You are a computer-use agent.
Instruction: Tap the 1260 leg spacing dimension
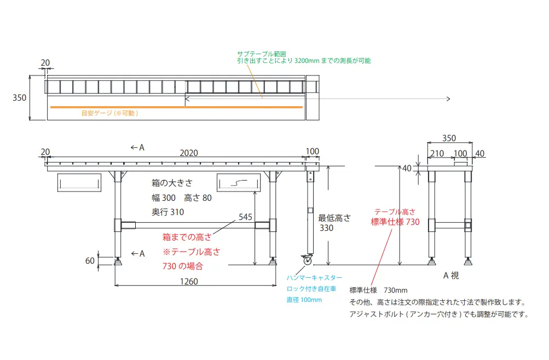pyautogui.click(x=188, y=282)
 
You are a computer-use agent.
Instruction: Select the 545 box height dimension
pyautogui.click(x=245, y=217)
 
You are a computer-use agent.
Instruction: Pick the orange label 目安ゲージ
pyautogui.click(x=109, y=113)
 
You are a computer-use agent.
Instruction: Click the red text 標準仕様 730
pyautogui.click(x=395, y=222)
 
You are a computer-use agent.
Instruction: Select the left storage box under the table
pyautogui.click(x=79, y=183)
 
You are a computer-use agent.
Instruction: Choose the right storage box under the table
pyautogui.click(x=239, y=183)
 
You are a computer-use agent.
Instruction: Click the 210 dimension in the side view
pyautogui.click(x=437, y=154)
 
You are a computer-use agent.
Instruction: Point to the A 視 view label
pyautogui.click(x=451, y=275)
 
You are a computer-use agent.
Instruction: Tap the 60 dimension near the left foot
pyautogui.click(x=90, y=261)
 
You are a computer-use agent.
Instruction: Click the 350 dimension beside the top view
pyautogui.click(x=20, y=98)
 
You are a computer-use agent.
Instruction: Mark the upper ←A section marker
pyautogui.click(x=137, y=147)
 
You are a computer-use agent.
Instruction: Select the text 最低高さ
pyautogui.click(x=334, y=217)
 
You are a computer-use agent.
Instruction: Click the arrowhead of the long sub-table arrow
pyautogui.click(x=448, y=98)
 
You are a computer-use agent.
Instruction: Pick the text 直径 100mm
pyautogui.click(x=304, y=300)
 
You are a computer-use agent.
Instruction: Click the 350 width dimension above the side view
pyautogui.click(x=449, y=138)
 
